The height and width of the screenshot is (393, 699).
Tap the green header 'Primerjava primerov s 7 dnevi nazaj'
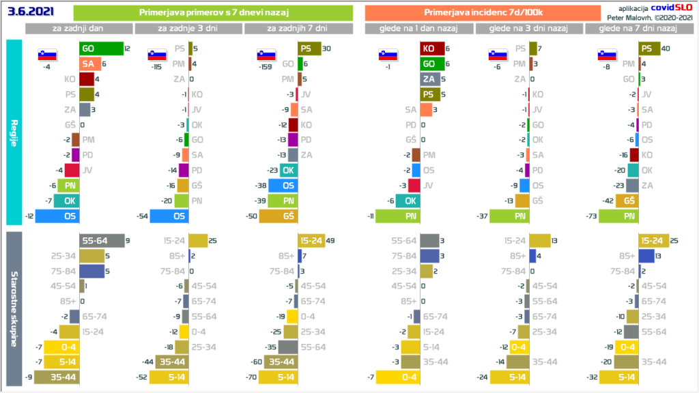[x=212, y=12]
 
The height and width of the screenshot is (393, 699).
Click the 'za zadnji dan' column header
[x=79, y=29]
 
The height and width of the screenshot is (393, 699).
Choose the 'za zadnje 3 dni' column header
[x=188, y=29]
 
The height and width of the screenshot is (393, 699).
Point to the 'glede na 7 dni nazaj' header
[x=638, y=29]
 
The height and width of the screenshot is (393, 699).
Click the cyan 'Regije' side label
[x=14, y=132]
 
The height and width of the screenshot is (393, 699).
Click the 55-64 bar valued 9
[x=101, y=240]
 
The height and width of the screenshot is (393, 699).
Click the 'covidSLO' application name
[x=672, y=8]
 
